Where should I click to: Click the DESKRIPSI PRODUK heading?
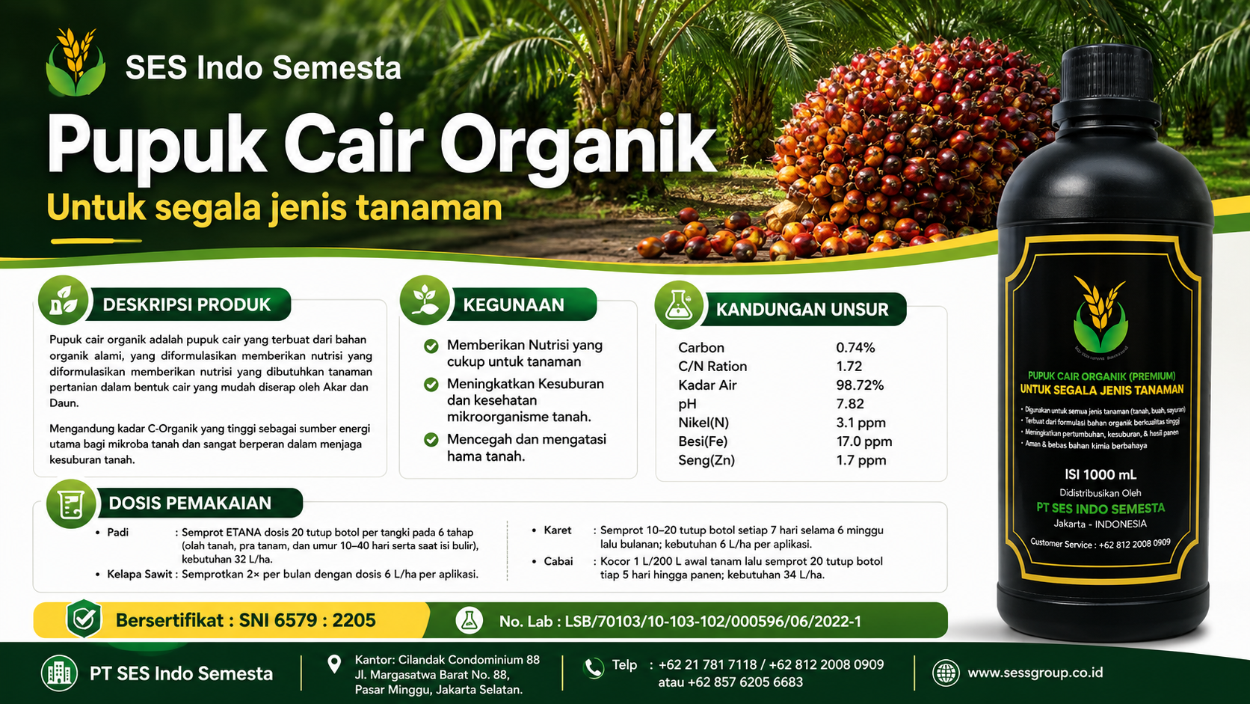[x=186, y=304]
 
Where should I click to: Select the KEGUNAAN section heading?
[x=514, y=304]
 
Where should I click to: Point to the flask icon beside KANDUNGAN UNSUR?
[x=679, y=304]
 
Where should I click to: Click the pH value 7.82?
[x=850, y=404]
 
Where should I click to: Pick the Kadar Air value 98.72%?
[x=860, y=385]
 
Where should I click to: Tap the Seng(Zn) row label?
[x=706, y=461]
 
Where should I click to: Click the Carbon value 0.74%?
[x=855, y=348]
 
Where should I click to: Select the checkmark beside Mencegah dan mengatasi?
[x=431, y=440]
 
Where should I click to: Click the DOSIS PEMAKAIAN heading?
[x=190, y=503]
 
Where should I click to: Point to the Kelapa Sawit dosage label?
[x=140, y=574]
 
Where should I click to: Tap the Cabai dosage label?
[x=558, y=561]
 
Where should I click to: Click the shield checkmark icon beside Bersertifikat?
[x=84, y=619]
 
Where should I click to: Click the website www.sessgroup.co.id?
[x=1035, y=673]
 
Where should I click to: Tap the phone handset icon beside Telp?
[x=593, y=667]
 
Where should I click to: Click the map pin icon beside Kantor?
[x=334, y=664]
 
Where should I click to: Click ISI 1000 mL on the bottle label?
[x=1100, y=474]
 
